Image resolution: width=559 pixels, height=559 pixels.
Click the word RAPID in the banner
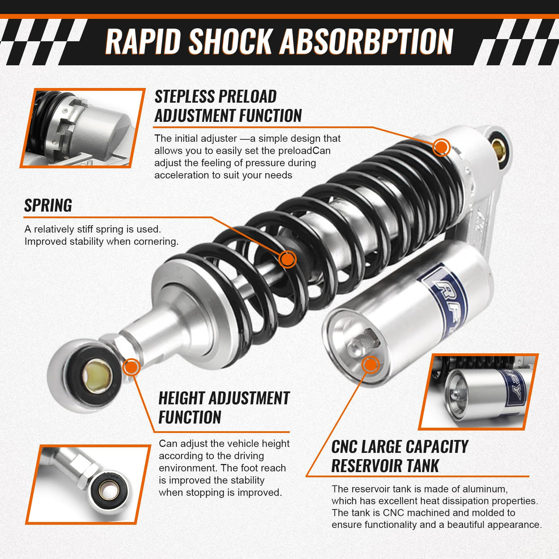(x=143, y=41)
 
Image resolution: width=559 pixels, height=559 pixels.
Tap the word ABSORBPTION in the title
(x=366, y=41)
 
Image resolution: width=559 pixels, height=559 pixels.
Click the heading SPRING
(x=48, y=205)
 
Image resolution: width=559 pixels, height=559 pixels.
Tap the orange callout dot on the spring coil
(x=287, y=258)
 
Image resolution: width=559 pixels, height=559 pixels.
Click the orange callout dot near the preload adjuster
(x=441, y=147)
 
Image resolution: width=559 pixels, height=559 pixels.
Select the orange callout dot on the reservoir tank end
(x=371, y=365)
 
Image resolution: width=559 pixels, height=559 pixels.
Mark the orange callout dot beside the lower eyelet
(x=131, y=367)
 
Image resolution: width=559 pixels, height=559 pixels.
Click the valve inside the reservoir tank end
(x=363, y=344)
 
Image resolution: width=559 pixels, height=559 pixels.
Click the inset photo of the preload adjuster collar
(x=83, y=128)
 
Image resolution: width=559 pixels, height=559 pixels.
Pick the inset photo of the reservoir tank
(x=478, y=392)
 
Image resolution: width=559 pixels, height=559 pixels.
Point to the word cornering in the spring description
(x=156, y=242)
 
